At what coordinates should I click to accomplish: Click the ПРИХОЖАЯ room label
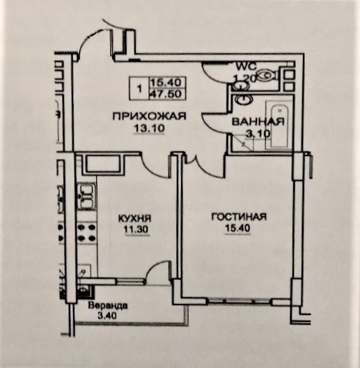149,116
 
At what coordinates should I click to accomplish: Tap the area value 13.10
149,128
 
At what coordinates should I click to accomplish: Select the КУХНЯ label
134,219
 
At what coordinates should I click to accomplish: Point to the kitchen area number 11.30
136,229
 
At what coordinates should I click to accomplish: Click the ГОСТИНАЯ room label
239,217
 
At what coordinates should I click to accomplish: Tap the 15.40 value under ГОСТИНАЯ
237,228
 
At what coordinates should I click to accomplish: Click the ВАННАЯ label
258,122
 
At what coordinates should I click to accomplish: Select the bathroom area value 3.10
258,134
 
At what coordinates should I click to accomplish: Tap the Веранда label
108,306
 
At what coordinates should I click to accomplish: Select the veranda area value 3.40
107,316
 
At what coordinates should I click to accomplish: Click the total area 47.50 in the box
166,94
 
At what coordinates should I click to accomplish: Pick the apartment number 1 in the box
139,89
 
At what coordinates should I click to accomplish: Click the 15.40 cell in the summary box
166,82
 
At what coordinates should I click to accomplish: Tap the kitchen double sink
86,197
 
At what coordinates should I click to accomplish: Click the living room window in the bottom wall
240,301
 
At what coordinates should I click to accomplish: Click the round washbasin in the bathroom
244,99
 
